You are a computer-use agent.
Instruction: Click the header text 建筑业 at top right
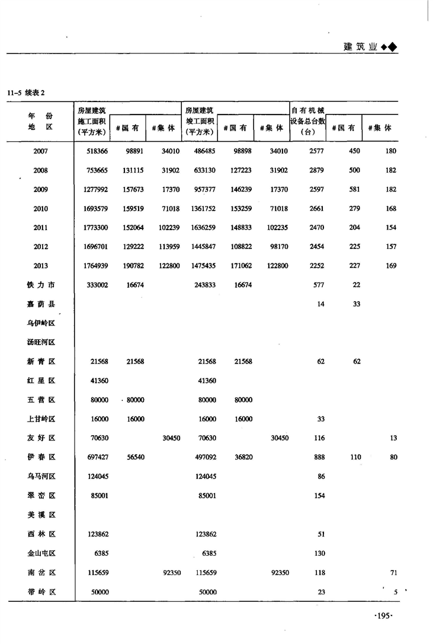pos(361,47)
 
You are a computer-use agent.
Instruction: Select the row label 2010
pos(41,209)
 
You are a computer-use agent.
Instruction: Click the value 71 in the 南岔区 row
pos(393,573)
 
